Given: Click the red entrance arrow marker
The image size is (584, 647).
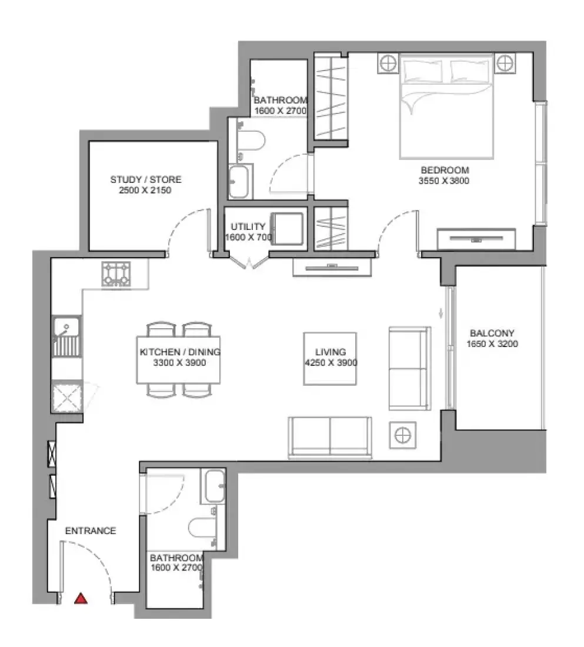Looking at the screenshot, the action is [x=81, y=598].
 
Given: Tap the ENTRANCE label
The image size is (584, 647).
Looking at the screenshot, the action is [x=91, y=531].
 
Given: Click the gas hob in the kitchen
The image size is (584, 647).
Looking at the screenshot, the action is [x=116, y=274].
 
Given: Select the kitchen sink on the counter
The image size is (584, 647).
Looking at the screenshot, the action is [x=66, y=336].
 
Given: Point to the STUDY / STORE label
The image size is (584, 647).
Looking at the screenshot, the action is [x=146, y=179].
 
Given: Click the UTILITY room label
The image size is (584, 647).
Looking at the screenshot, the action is [x=248, y=226].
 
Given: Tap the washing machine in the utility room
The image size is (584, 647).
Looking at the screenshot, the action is [x=287, y=228].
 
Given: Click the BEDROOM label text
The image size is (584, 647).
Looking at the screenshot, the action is [x=445, y=170].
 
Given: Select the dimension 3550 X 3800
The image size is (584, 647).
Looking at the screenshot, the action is [x=444, y=181].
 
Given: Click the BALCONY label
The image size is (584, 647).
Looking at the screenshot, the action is [x=492, y=333].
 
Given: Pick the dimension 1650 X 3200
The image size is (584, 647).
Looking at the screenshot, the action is [x=492, y=343].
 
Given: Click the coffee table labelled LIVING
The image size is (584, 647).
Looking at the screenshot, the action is [x=330, y=359].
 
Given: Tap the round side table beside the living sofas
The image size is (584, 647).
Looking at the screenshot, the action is [x=403, y=435].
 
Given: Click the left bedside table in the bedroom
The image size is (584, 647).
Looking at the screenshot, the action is [x=388, y=64].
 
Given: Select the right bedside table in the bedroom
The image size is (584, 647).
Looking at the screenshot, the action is [x=505, y=64].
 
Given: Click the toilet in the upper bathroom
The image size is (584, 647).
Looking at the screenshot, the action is [x=251, y=141].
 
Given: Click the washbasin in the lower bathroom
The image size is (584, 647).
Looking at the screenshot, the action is [x=214, y=485].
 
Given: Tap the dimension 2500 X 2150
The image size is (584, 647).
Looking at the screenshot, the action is [x=145, y=190].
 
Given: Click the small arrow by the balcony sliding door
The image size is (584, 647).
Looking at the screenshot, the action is [x=440, y=314].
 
